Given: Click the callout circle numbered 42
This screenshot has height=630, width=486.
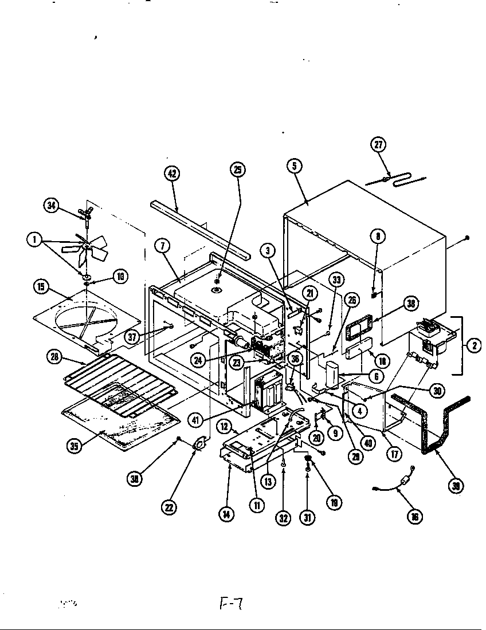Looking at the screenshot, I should pos(170,175).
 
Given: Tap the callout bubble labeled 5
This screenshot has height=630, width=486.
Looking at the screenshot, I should pos(294,166).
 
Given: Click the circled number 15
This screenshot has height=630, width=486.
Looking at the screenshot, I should pos(41,287).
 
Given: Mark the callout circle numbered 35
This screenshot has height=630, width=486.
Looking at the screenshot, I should pos(73,446).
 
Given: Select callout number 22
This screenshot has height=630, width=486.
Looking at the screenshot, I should pos(169,506).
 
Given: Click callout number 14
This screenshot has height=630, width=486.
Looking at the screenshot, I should pos(228,513).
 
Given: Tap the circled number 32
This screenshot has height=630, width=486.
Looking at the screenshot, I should pos(283,518).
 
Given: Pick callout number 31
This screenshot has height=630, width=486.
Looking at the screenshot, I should pos(308,518).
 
